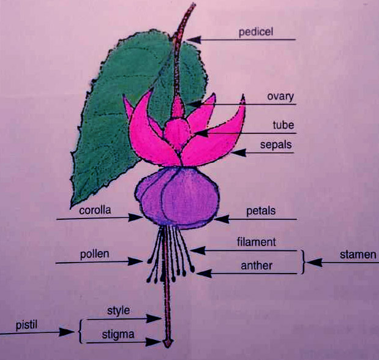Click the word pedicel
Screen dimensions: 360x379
pos(256,31)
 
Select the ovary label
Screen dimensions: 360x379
pos(280,96)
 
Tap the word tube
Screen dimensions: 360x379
pos(283,125)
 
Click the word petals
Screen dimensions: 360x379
pos(260,211)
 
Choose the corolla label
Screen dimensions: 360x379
pos(95,210)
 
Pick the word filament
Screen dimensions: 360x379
pos(256,242)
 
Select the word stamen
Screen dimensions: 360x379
pos(358,254)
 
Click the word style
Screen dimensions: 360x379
pos(119,310)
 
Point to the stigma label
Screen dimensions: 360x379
pos(118,334)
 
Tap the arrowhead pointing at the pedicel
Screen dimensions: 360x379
pos(192,40)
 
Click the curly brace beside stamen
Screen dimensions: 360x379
pos(302,261)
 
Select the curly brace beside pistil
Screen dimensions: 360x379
pos(80,331)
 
